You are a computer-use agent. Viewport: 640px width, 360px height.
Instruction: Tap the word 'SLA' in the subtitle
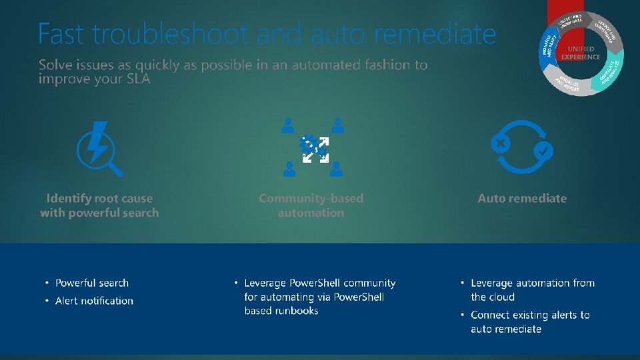pyautogui.click(x=136, y=79)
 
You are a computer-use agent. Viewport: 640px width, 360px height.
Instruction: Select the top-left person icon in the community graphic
pyautogui.click(x=287, y=125)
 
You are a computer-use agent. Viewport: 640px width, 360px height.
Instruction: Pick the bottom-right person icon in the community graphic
pyautogui.click(x=337, y=169)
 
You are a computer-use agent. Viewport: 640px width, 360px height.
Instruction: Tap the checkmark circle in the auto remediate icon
pyautogui.click(x=543, y=151)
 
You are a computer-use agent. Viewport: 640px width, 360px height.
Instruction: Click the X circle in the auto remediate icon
pyautogui.click(x=501, y=143)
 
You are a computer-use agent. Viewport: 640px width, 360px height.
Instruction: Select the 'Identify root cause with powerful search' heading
pyautogui.click(x=99, y=205)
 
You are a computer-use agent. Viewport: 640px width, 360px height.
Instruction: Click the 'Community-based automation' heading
pyautogui.click(x=311, y=205)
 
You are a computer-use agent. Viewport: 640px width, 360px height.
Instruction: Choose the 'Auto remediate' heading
pyautogui.click(x=522, y=198)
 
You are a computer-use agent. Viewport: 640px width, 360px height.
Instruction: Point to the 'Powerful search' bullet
pyautogui.click(x=92, y=283)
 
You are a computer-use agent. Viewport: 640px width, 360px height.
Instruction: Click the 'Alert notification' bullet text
pyautogui.click(x=94, y=301)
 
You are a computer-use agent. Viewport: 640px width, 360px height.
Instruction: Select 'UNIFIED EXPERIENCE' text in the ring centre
pyautogui.click(x=580, y=53)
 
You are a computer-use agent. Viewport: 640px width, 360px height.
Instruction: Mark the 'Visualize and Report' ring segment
pyautogui.click(x=569, y=84)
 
